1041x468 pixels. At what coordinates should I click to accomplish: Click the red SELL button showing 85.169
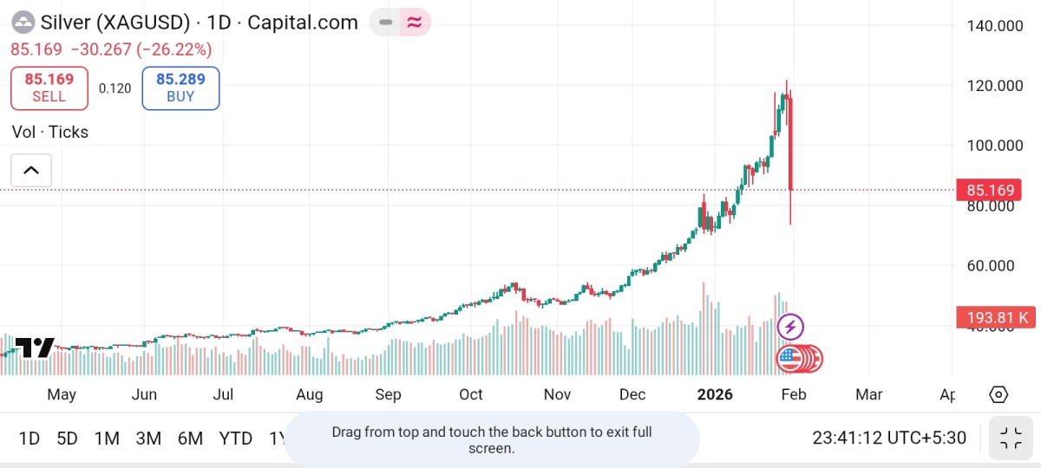49,88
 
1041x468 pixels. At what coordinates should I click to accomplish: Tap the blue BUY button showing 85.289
180,88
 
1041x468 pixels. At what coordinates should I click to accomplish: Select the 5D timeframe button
67,439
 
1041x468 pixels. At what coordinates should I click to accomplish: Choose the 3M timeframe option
148,439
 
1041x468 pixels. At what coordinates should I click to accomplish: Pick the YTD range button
235,439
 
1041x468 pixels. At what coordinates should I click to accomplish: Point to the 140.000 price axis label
994,26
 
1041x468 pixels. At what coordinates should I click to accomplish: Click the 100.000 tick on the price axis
994,145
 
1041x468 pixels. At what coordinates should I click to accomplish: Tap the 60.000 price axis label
994,265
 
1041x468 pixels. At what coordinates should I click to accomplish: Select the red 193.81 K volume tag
995,317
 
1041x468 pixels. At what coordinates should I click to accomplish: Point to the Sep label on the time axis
388,395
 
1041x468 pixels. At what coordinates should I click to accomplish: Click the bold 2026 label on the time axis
716,395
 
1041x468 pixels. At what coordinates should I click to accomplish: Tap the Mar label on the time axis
868,395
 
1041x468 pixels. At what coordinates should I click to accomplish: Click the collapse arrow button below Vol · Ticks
31,170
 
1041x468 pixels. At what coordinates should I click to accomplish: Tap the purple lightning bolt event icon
790,328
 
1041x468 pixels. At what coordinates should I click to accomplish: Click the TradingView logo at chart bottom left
35,348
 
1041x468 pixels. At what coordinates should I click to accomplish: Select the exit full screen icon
1010,439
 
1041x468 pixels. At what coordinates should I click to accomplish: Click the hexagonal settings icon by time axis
998,395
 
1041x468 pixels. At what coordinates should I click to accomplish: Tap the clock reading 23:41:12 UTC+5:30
889,439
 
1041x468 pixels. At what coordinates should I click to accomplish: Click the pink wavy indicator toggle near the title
415,23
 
